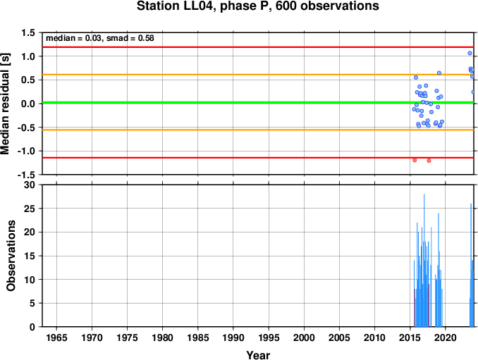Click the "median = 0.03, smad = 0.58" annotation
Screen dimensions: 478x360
click(x=100, y=38)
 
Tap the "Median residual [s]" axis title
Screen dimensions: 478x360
click(x=5, y=104)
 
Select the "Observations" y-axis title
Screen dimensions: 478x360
click(x=11, y=256)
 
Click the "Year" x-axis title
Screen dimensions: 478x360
click(x=258, y=355)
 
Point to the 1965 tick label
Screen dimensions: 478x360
click(x=56, y=337)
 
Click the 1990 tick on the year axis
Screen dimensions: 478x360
click(x=233, y=337)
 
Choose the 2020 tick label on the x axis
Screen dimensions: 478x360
click(x=446, y=337)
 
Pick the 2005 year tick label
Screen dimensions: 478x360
click(x=339, y=337)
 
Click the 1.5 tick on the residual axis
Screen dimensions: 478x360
click(x=29, y=32)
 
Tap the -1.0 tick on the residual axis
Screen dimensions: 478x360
click(x=27, y=151)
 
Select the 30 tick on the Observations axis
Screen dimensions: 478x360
click(x=30, y=185)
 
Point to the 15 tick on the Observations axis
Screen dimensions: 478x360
click(x=30, y=256)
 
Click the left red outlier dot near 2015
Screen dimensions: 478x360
click(x=415, y=160)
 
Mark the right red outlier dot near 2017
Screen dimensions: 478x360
click(x=429, y=161)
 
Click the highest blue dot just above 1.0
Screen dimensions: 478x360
click(x=470, y=53)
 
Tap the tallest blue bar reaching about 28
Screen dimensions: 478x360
click(x=424, y=261)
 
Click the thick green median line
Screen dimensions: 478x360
click(x=258, y=102)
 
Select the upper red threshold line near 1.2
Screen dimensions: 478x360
click(x=258, y=47)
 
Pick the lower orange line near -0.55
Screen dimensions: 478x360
click(x=258, y=130)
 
